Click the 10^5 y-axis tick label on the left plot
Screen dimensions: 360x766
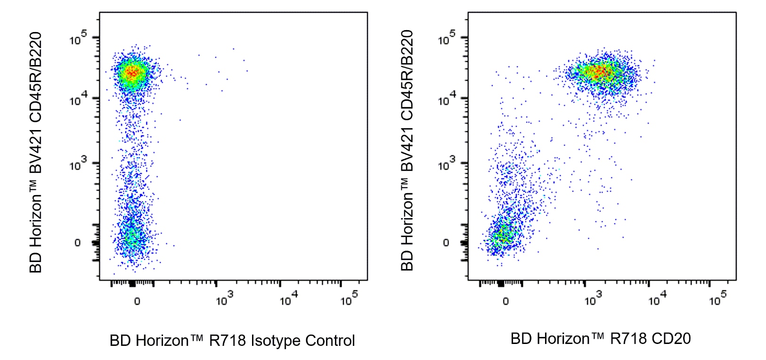(78, 39)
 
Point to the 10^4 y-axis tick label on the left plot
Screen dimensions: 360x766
(78, 100)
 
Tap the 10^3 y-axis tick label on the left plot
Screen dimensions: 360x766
(78, 165)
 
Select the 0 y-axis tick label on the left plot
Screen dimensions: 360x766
(78, 243)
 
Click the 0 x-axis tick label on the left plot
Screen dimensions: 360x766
(137, 301)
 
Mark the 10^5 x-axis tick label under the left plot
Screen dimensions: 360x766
(349, 299)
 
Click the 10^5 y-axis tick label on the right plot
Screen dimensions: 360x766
(447, 39)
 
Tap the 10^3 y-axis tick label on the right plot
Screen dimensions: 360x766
(447, 165)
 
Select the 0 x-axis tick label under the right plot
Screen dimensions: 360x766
(505, 301)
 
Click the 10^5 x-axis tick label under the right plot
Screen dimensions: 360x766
(717, 299)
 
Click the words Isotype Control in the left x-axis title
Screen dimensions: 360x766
(302, 341)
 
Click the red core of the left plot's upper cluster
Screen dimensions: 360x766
(132, 73)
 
